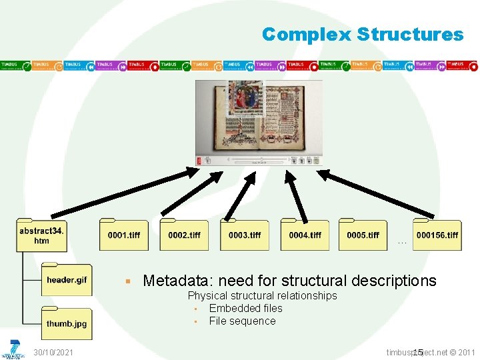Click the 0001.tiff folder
[x=124, y=235]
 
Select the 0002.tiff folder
[x=184, y=235]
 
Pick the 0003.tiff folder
[x=245, y=235]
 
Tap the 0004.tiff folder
[x=305, y=235]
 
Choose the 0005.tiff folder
[x=363, y=235]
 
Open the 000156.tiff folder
[x=437, y=235]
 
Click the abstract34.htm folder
[x=41, y=235]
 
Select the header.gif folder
[x=66, y=280]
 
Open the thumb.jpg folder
[x=66, y=324]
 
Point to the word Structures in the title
[x=409, y=34]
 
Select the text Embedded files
[x=245, y=308]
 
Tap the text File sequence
[x=242, y=321]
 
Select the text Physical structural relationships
[x=262, y=295]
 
